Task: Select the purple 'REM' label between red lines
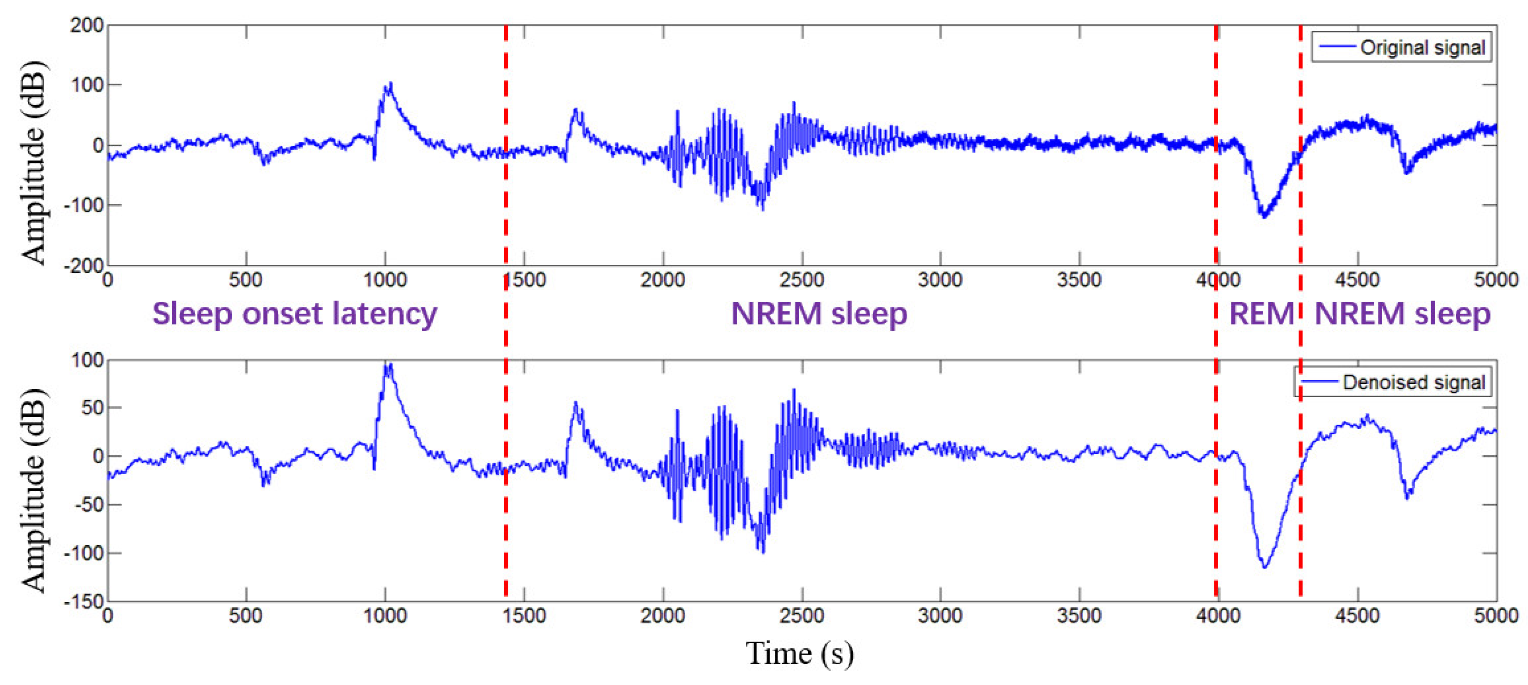[x=1261, y=313]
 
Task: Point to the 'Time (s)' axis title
[x=800, y=653]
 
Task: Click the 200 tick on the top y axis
[x=87, y=25]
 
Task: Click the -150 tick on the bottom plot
[x=84, y=601]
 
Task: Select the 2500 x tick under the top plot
[x=802, y=280]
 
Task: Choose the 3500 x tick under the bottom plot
[x=1079, y=616]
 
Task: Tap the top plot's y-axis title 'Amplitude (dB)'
[x=34, y=161]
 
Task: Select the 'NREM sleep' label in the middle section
[x=819, y=313]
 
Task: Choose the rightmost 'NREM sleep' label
[x=1402, y=313]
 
